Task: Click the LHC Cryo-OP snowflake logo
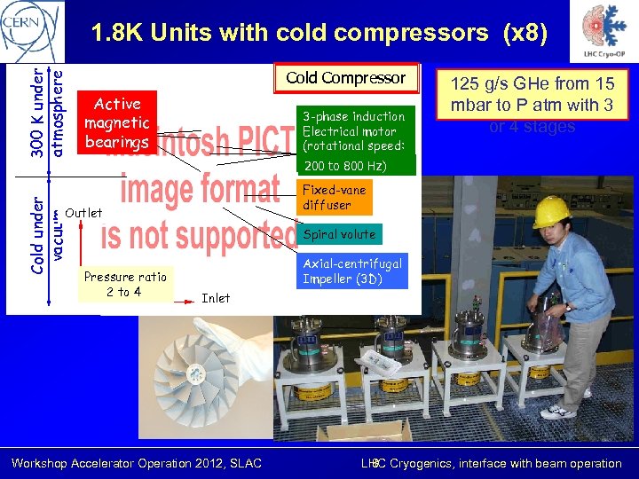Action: click(602, 34)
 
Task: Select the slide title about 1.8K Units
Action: click(319, 33)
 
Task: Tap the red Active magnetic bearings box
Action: click(117, 122)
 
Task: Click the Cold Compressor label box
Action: click(345, 78)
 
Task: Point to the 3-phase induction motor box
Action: click(353, 131)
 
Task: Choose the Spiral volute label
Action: click(339, 235)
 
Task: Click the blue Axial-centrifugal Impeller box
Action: click(352, 271)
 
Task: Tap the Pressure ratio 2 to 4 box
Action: click(124, 284)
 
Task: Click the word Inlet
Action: click(216, 298)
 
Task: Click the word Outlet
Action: click(83, 213)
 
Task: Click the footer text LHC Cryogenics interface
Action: click(491, 463)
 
